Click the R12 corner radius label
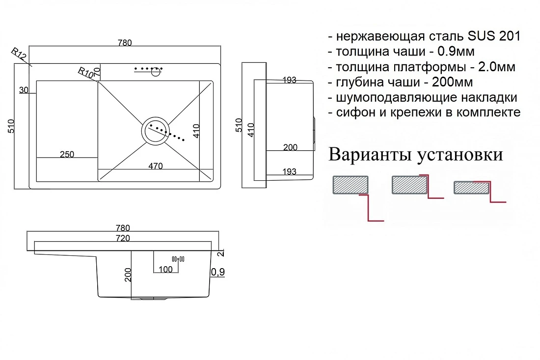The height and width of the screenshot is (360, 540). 19,54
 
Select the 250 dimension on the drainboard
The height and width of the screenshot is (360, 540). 67,154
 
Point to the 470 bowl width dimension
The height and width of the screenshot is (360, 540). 155,166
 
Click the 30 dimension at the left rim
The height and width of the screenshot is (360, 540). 24,90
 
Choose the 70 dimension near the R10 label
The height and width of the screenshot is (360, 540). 97,72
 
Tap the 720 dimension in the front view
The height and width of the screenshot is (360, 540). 123,238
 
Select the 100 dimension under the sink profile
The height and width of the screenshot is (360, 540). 165,270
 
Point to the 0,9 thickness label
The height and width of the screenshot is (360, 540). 217,272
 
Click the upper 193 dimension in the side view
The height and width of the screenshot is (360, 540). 289,80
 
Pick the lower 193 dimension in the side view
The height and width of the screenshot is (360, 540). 289,171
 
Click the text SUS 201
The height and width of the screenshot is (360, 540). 494,36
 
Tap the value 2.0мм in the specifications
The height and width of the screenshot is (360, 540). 497,67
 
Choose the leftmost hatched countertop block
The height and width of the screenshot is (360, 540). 351,185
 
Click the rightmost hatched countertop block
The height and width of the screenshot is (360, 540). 471,188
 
